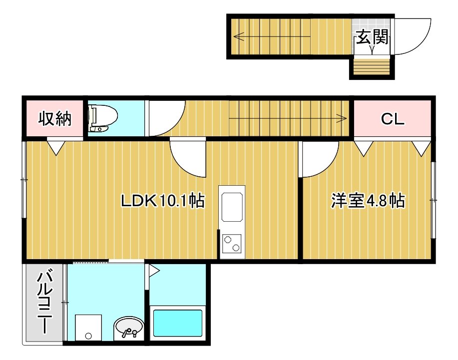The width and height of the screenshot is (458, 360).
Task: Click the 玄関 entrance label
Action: click(372, 37)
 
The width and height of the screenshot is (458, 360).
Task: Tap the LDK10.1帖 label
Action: click(163, 201)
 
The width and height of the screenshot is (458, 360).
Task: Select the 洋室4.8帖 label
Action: click(368, 201)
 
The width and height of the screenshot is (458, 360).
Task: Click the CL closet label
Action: click(393, 119)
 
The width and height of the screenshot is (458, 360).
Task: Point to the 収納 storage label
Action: click(54, 118)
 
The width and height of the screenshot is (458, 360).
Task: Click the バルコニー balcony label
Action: click(44, 302)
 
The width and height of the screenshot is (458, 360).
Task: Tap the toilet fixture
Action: click(102, 118)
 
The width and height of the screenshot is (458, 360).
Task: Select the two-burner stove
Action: click(232, 244)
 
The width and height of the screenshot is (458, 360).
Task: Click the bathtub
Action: click(178, 323)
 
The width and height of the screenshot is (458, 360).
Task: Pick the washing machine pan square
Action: click(88, 328)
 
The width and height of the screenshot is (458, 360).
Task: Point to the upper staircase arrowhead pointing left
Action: click(238, 37)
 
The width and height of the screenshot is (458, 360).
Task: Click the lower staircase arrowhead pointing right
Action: click(342, 118)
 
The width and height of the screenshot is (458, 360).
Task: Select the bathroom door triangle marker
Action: click(154, 271)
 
